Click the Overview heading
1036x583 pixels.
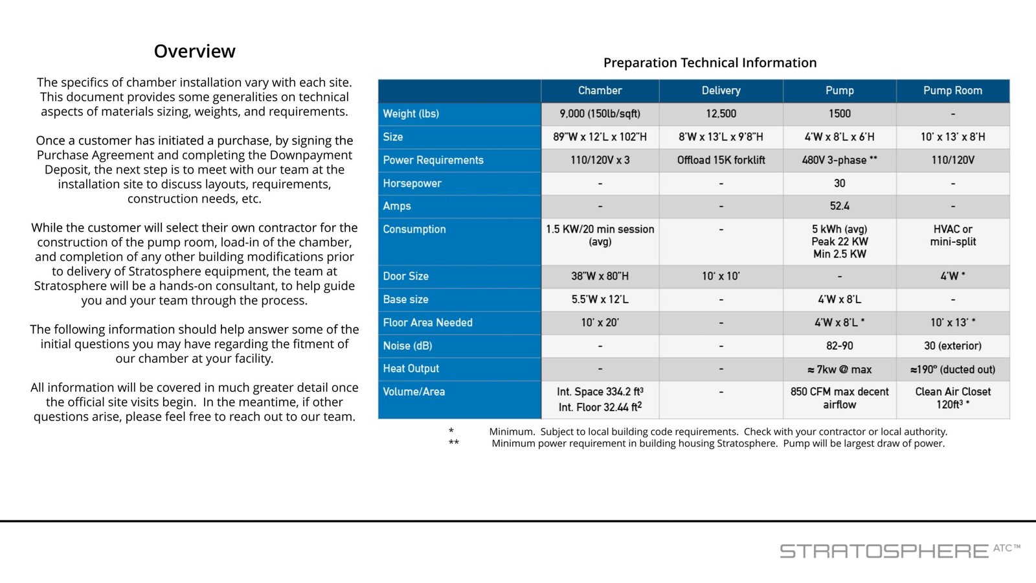coord(195,51)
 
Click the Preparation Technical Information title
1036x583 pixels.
coord(710,62)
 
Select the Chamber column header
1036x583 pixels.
coord(600,90)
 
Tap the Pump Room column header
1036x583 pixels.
coord(952,90)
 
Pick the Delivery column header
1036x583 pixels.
coord(721,90)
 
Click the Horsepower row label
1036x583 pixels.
coord(412,183)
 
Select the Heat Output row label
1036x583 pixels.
coord(411,369)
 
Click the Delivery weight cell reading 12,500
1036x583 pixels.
coord(721,113)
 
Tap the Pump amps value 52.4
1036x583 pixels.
coord(839,206)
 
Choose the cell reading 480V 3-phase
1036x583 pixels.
coord(839,160)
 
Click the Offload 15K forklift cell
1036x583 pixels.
coord(721,160)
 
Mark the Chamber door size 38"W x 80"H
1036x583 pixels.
coord(600,276)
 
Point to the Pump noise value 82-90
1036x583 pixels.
coord(839,346)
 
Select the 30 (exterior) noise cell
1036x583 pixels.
coord(952,346)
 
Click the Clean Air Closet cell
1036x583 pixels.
coord(952,398)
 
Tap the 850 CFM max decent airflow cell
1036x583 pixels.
coord(839,398)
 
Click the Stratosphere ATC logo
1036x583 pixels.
coord(900,551)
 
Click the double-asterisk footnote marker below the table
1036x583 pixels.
coord(454,442)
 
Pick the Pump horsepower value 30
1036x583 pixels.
coord(839,183)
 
